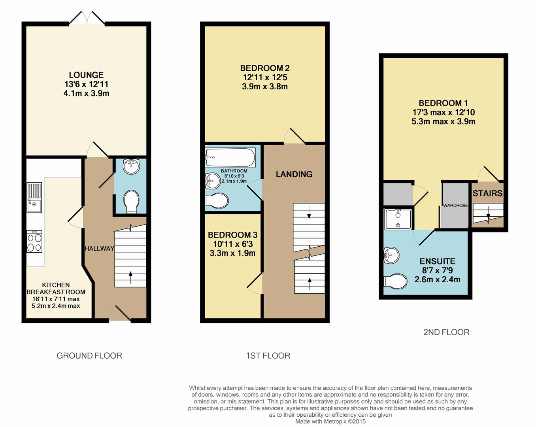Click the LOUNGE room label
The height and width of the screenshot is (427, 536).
(86, 75)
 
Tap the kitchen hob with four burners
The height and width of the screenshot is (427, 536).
(34, 242)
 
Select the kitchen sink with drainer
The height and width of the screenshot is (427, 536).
(34, 198)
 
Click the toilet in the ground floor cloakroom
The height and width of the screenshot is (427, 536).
(131, 202)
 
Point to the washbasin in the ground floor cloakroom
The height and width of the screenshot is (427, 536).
(131, 166)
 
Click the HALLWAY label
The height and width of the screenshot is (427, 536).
(99, 248)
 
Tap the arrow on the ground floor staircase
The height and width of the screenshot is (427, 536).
(130, 277)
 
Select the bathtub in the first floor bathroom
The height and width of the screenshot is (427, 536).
(230, 157)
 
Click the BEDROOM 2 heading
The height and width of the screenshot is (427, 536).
(265, 68)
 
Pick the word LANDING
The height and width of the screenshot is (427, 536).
(294, 174)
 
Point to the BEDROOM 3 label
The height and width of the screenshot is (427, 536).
(233, 235)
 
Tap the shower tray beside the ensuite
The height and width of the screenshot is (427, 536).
(398, 219)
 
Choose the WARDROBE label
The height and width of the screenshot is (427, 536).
(455, 206)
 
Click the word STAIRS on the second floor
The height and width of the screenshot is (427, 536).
(487, 193)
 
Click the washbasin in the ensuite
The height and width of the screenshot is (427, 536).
(392, 255)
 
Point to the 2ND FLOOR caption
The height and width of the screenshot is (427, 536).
(446, 333)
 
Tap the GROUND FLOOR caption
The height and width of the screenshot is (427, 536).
(89, 356)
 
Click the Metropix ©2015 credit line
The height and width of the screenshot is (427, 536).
(330, 421)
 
